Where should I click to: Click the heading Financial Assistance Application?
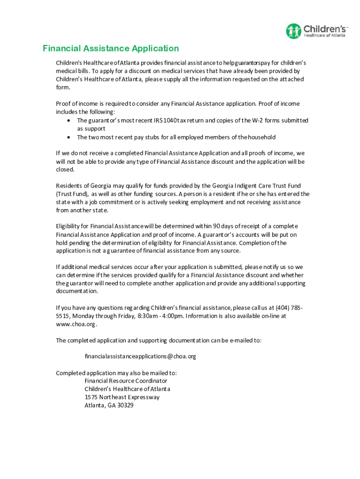coord(111,49)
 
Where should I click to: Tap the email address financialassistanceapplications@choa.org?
coord(140,356)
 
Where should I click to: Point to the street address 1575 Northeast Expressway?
coord(122,397)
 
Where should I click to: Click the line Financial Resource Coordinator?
coord(126,381)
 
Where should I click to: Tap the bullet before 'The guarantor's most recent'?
coord(68,121)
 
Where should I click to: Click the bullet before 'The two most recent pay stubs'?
coord(68,138)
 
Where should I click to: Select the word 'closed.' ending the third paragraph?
coord(65,170)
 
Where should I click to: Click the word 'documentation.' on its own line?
coord(77,291)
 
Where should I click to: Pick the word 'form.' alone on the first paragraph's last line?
coord(63,87)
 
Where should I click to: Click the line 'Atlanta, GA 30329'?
coord(109,406)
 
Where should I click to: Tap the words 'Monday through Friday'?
coord(98,316)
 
